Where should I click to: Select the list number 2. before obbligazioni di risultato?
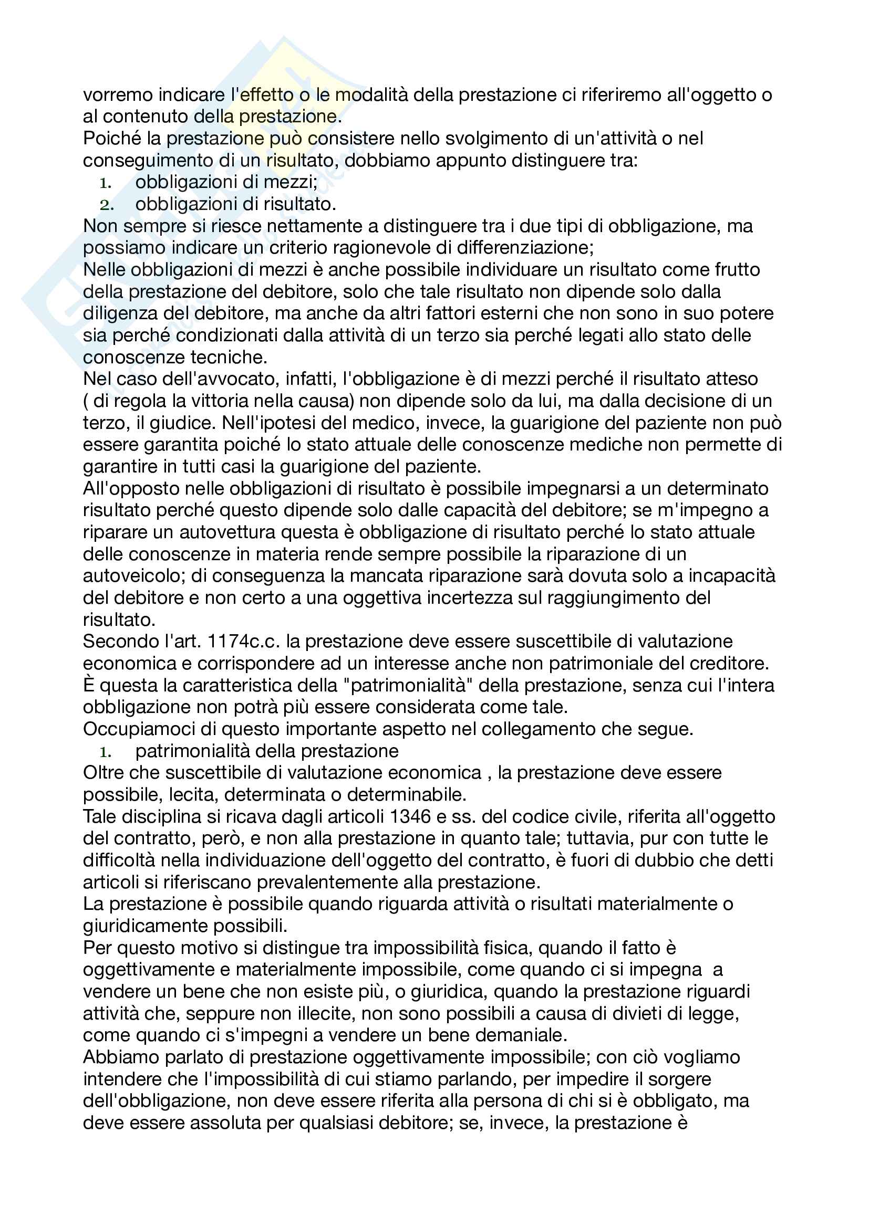click(x=107, y=205)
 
